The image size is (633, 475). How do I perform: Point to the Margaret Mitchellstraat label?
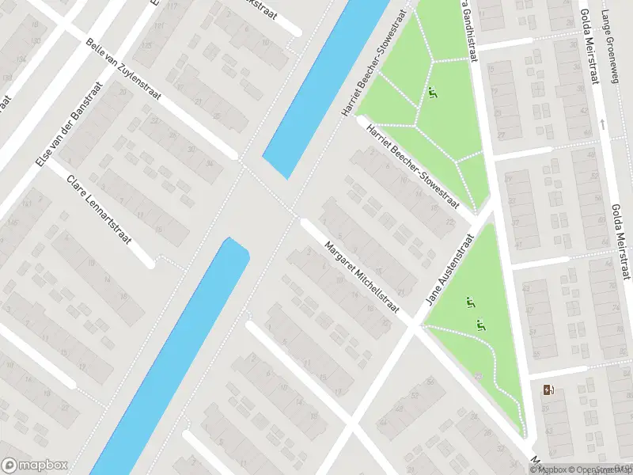[x=362, y=276]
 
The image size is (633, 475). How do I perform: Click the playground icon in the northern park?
[x=432, y=94]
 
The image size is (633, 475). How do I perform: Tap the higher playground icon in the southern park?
[x=469, y=302]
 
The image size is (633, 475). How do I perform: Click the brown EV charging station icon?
[x=548, y=389]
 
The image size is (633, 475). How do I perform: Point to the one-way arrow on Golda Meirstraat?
[x=604, y=123]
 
